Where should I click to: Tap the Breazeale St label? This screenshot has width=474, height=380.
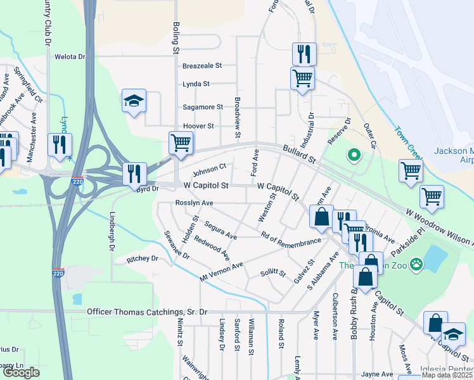tap(202, 65)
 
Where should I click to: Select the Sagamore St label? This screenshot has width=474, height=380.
tap(203, 107)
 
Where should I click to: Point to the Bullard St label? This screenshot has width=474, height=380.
tap(299, 153)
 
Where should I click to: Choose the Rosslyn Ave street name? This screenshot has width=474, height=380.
tap(194, 203)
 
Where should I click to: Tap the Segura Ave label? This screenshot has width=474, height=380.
tap(220, 231)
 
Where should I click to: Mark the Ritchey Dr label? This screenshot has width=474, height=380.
tap(142, 258)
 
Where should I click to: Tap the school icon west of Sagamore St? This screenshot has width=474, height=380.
tap(134, 101)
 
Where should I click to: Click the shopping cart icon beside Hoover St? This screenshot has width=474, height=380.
tap(181, 143)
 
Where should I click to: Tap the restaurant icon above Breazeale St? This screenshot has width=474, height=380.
tap(304, 54)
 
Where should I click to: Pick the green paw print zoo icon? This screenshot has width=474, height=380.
tap(416, 263)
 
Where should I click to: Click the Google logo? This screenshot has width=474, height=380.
tap(21, 372)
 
